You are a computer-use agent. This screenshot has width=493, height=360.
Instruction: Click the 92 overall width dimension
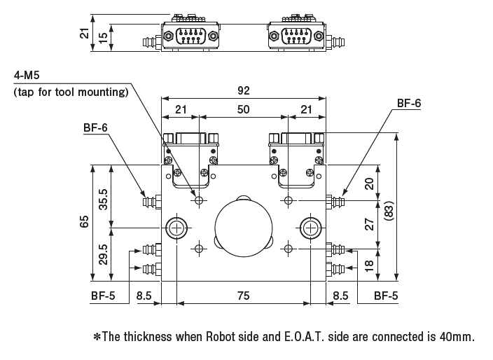click(243, 90)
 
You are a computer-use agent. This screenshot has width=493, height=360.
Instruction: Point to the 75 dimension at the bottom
click(243, 296)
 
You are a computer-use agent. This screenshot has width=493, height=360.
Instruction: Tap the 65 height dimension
click(84, 221)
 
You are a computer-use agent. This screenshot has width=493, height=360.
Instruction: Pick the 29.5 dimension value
click(104, 254)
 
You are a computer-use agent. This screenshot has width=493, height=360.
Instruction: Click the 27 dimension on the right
click(370, 224)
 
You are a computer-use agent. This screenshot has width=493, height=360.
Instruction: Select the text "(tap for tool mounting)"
click(71, 92)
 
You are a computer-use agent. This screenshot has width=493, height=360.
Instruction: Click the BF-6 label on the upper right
click(409, 103)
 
